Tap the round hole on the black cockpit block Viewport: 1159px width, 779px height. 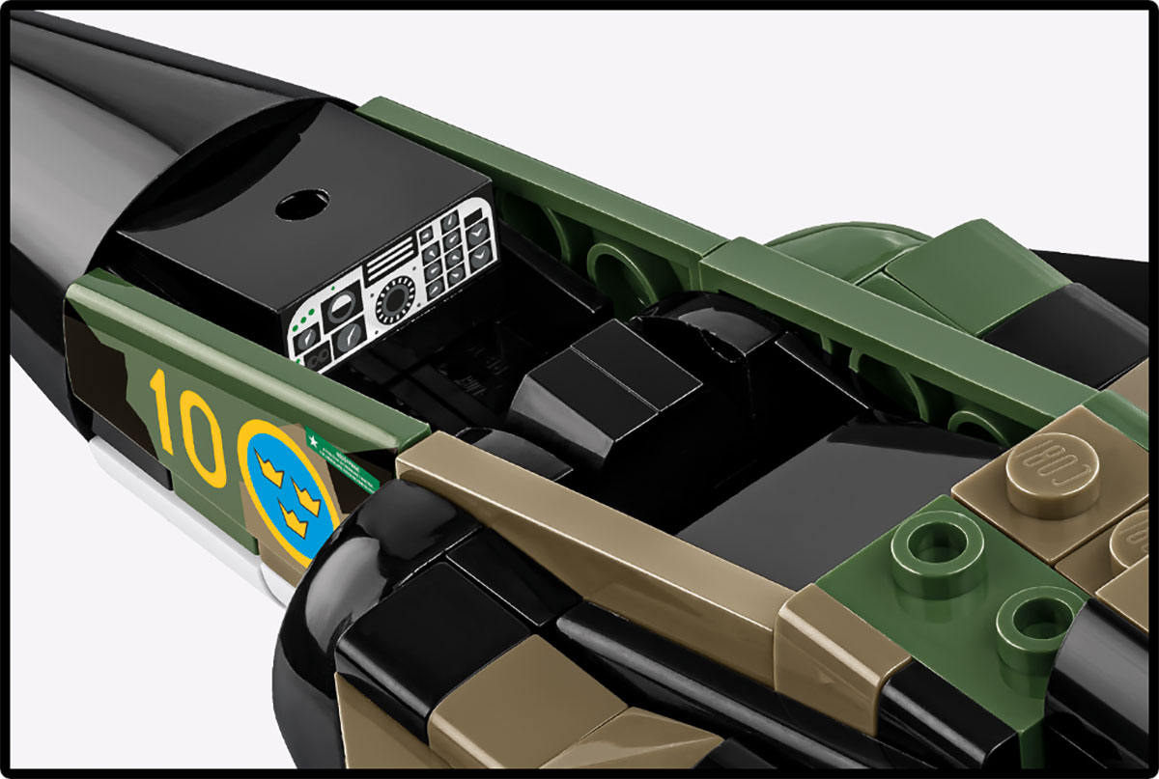[x=301, y=204]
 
